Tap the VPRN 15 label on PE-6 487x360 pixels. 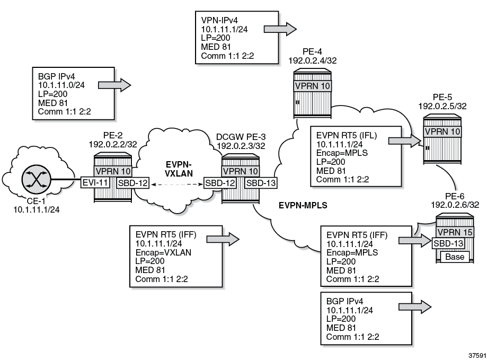(x=454, y=231)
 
